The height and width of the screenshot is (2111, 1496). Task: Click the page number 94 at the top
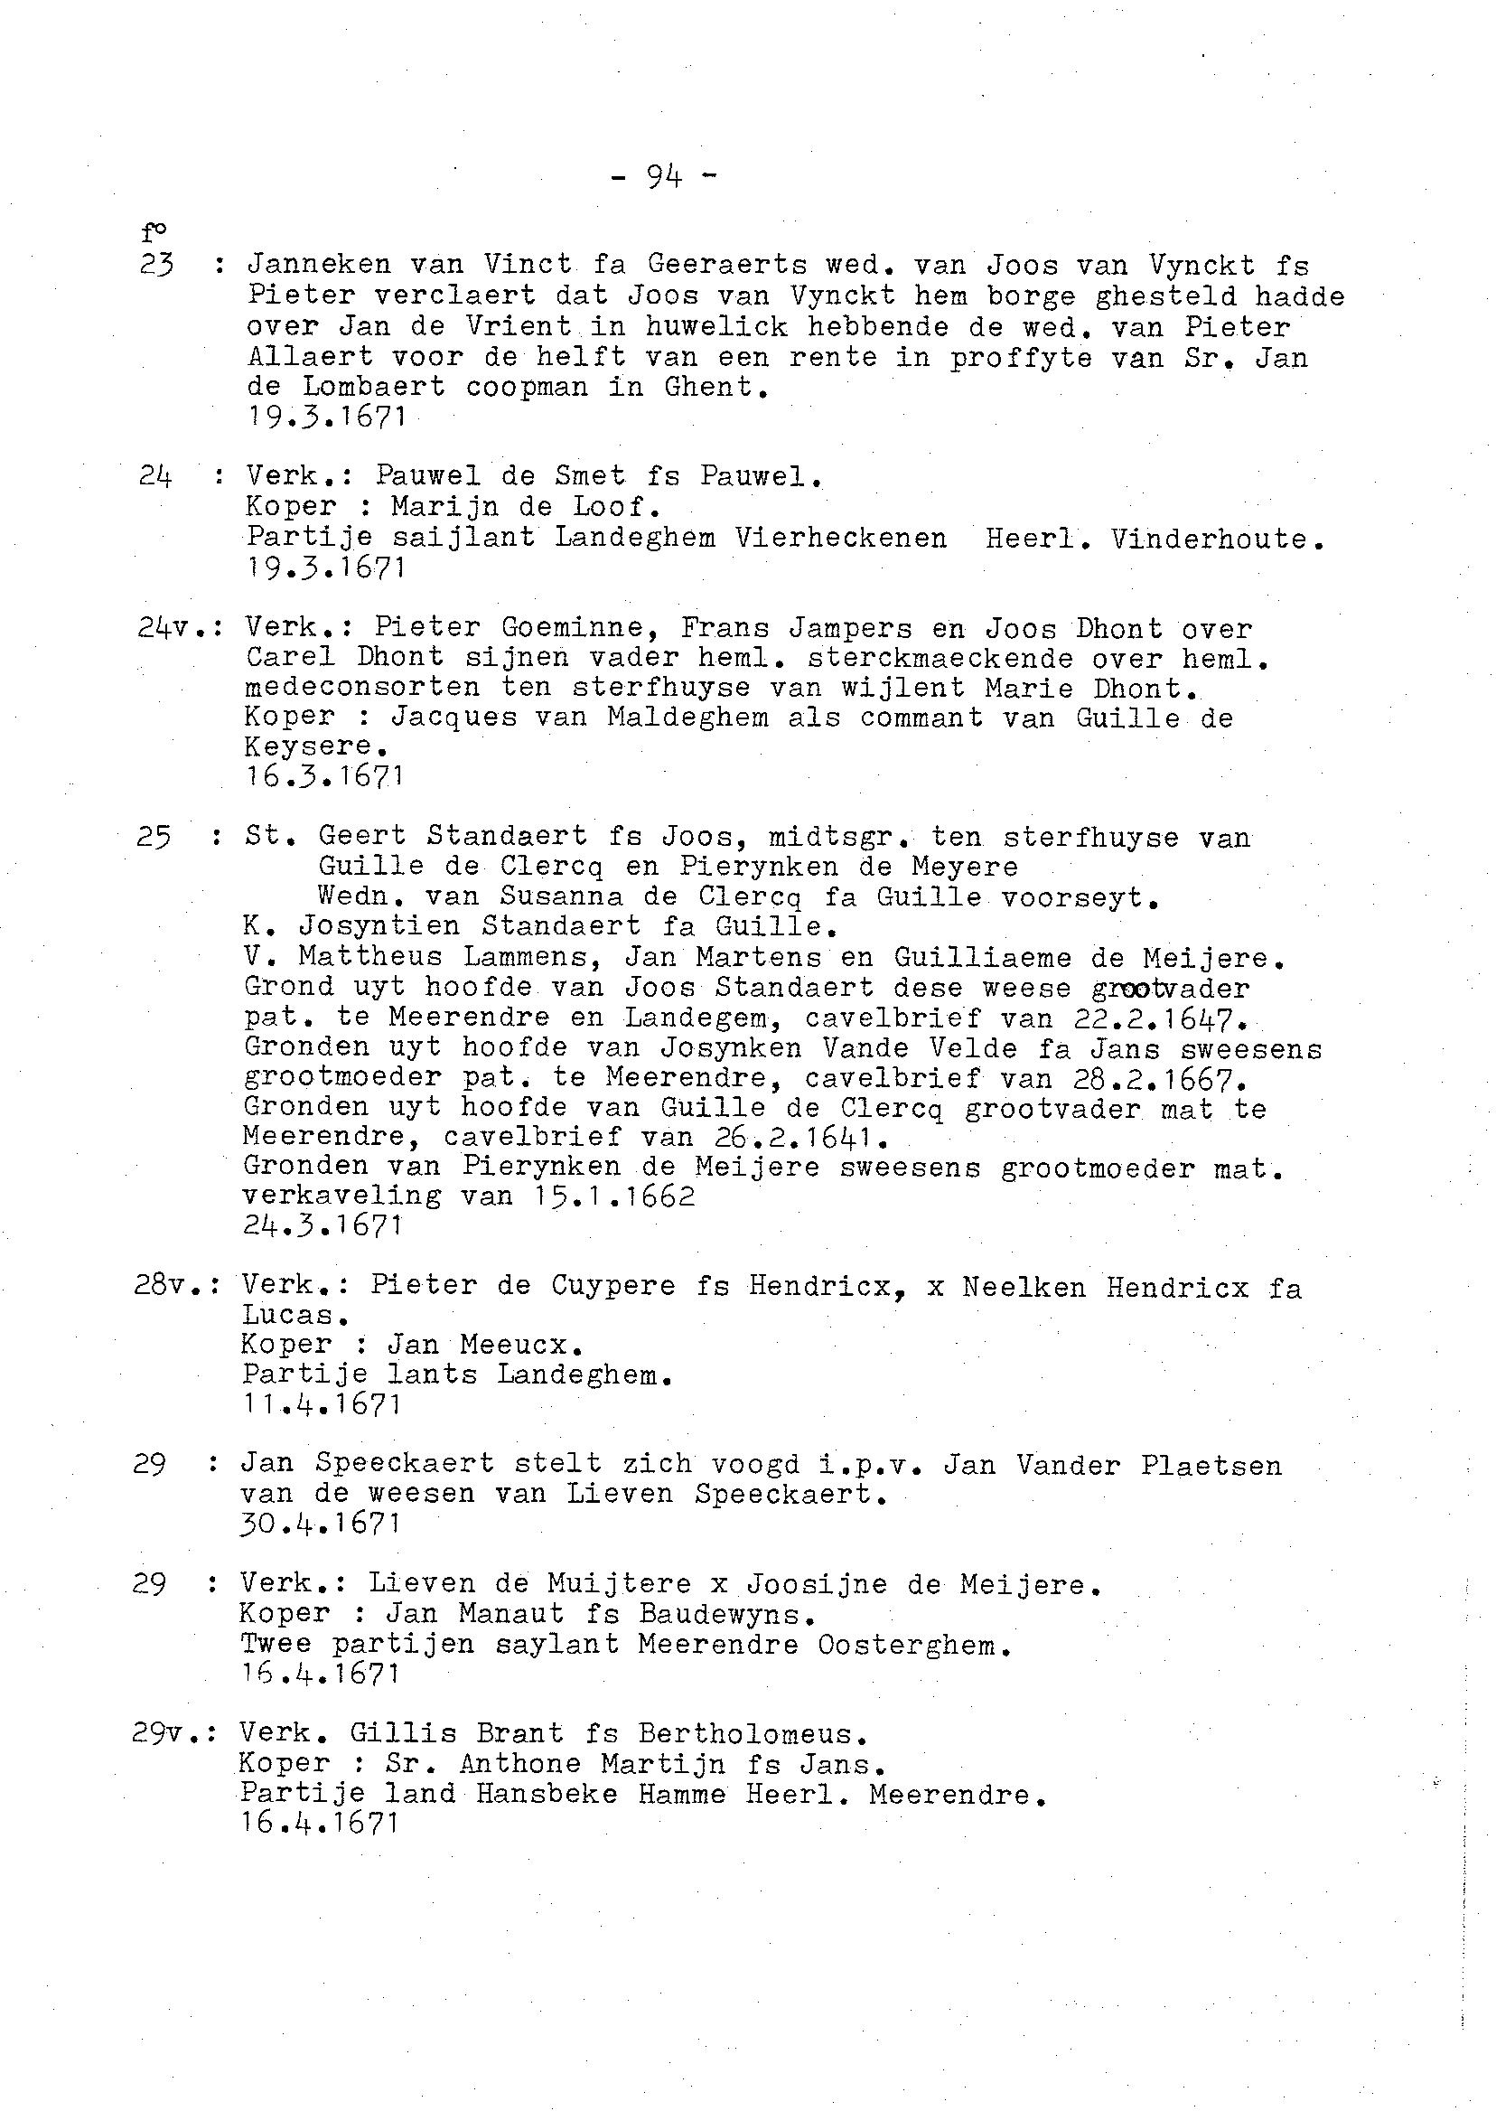663,175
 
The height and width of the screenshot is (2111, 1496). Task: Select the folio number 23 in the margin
155,266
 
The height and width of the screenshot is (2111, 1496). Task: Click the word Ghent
715,386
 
